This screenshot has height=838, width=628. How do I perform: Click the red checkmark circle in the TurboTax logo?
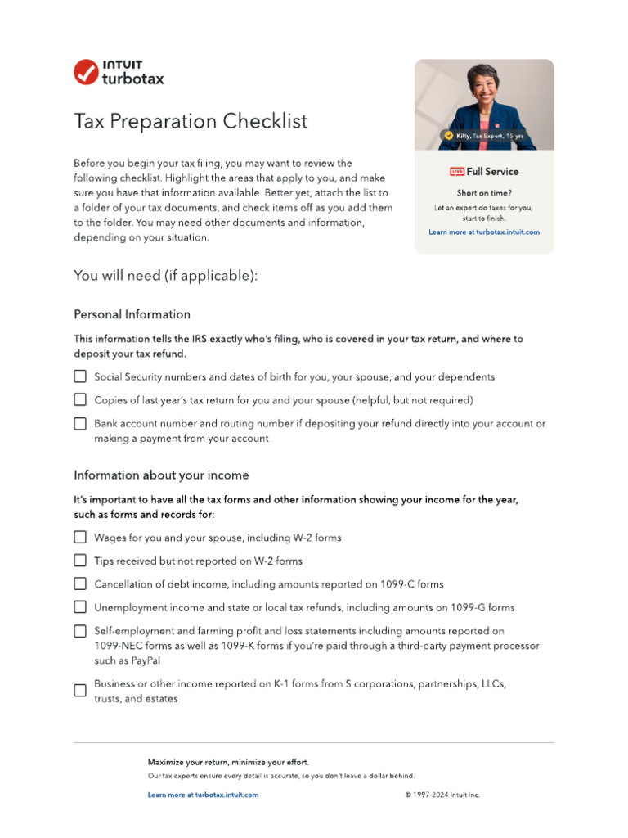pyautogui.click(x=86, y=72)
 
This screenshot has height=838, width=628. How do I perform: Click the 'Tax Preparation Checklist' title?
pyautogui.click(x=191, y=122)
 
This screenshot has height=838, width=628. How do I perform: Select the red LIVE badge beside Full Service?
pyautogui.click(x=456, y=172)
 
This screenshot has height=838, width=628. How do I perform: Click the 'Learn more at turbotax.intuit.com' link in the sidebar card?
pyautogui.click(x=484, y=232)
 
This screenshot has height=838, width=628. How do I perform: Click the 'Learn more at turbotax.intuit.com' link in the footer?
pyautogui.click(x=203, y=795)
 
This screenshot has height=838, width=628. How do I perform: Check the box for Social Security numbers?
pyautogui.click(x=80, y=376)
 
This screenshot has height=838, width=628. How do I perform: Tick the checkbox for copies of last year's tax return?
pyautogui.click(x=80, y=400)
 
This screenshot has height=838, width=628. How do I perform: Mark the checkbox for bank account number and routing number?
pyautogui.click(x=80, y=424)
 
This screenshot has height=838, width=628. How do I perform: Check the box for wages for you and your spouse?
pyautogui.click(x=80, y=538)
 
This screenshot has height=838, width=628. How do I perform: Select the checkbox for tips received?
pyautogui.click(x=80, y=561)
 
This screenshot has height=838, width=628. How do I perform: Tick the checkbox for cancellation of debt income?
pyautogui.click(x=80, y=584)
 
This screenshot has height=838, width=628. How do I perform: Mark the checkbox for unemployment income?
pyautogui.click(x=80, y=607)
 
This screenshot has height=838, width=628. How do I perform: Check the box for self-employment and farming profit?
pyautogui.click(x=80, y=631)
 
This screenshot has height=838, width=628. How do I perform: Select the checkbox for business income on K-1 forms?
pyautogui.click(x=80, y=691)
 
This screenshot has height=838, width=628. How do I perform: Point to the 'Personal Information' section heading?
pyautogui.click(x=132, y=314)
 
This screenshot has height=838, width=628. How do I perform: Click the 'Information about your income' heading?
pyautogui.click(x=161, y=475)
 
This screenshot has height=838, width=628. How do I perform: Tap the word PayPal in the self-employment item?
pyautogui.click(x=143, y=660)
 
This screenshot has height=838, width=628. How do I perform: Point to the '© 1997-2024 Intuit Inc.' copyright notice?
pyautogui.click(x=442, y=795)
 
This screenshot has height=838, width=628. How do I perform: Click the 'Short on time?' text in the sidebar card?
pyautogui.click(x=484, y=194)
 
